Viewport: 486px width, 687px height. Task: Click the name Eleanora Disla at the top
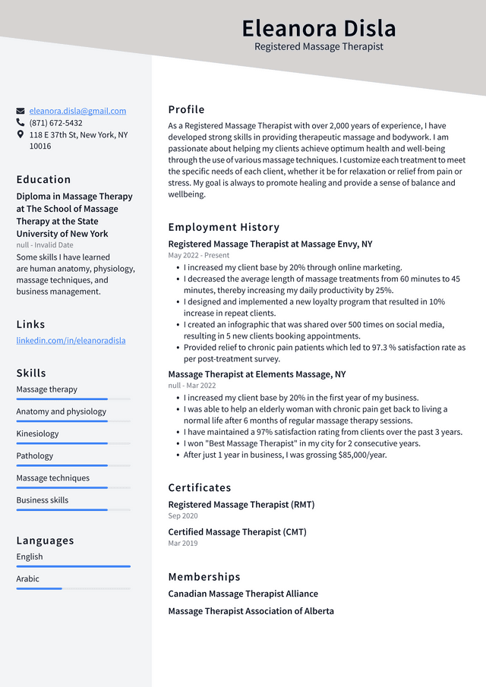coord(319,28)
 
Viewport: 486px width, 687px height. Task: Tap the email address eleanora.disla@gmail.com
coord(77,111)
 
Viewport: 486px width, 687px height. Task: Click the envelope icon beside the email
coord(21,111)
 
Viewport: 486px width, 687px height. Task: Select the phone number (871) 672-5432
coord(55,123)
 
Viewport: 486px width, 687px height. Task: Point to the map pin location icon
coord(21,134)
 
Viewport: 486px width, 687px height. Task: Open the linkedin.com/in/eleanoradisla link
coord(71,340)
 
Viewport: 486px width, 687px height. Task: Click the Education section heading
coord(43,180)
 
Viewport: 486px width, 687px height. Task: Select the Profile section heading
coord(186,109)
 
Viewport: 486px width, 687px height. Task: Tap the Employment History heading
coord(223,227)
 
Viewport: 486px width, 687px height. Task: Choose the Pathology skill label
coord(35,456)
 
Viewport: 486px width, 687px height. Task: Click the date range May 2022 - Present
coord(198,256)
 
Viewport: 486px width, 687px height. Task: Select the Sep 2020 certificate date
coord(182,516)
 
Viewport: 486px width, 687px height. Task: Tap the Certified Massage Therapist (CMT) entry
coord(237,532)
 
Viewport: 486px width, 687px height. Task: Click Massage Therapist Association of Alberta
coord(251,611)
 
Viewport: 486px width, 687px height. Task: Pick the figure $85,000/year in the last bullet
coord(362,455)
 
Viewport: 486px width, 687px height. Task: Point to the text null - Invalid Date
coord(45,245)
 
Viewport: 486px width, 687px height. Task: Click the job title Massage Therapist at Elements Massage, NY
coord(257,374)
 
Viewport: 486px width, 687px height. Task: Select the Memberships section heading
coord(204,577)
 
